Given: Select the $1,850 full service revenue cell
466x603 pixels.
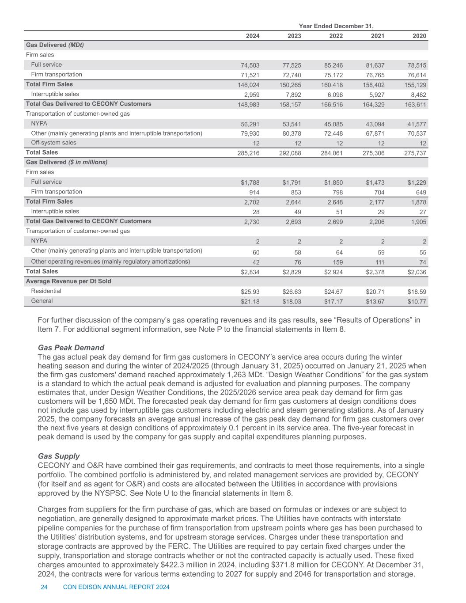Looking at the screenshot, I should (x=333, y=182).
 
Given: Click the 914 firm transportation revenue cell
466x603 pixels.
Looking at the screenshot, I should (x=254, y=192).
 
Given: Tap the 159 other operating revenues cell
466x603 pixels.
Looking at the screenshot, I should (x=338, y=262).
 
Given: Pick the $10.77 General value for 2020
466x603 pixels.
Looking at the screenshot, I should (x=417, y=302).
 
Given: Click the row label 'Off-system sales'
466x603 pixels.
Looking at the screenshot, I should (x=53, y=143).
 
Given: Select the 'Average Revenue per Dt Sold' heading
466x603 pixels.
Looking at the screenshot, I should (x=68, y=281).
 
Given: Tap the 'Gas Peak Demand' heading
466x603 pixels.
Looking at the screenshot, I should (x=71, y=347).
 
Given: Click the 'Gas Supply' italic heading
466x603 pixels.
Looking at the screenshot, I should (x=59, y=456).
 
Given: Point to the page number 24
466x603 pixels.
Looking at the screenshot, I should (x=44, y=587).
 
